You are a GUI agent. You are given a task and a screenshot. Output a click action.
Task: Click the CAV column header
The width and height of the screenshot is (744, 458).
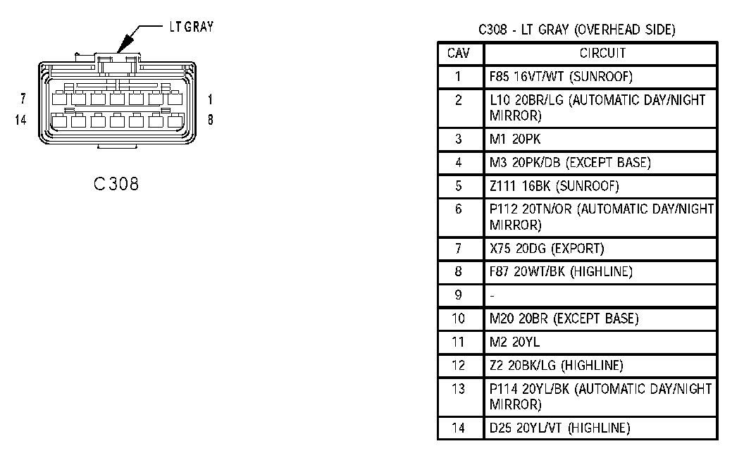pos(459,53)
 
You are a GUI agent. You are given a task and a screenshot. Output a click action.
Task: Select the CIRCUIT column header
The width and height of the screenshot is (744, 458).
pos(602,53)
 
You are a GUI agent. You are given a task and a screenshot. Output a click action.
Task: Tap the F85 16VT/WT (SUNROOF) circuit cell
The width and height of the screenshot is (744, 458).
pos(551,76)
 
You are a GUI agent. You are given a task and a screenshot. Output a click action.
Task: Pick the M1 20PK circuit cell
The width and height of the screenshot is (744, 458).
pos(515,139)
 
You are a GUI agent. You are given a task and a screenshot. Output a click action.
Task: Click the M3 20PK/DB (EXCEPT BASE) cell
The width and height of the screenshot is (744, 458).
pos(570,163)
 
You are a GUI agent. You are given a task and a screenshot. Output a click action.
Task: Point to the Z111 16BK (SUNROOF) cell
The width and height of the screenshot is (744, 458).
pos(554,187)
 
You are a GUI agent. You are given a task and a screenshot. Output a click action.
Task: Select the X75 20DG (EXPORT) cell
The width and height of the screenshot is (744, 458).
pos(547,249)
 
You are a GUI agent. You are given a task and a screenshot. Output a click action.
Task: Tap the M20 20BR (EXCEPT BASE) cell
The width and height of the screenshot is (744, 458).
pos(564,318)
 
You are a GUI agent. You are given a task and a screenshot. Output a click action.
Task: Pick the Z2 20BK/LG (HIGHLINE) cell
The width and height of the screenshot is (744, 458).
pos(556,365)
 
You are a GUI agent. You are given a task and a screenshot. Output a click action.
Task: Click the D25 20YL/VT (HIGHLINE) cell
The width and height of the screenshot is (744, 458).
pos(559,428)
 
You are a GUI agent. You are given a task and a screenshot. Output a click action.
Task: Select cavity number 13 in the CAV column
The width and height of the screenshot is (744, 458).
pos(459,389)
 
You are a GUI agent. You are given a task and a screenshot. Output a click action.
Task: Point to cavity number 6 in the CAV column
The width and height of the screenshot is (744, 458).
pos(459,209)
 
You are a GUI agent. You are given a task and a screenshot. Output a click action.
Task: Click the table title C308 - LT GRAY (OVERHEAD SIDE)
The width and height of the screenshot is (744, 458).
pos(576,30)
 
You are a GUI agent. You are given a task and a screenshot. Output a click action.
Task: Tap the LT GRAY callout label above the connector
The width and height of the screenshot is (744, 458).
pos(191,27)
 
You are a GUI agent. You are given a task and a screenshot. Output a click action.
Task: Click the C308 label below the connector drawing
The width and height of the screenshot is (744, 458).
pos(116,184)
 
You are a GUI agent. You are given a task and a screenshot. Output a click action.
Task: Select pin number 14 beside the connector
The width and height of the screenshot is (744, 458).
pos(20,120)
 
